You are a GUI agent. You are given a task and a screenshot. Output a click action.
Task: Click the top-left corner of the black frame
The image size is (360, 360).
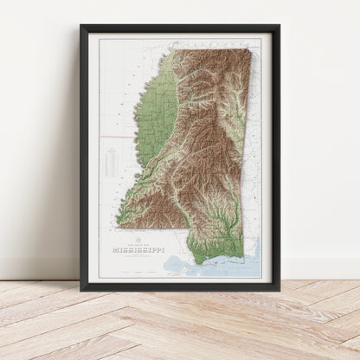click(x=81, y=26)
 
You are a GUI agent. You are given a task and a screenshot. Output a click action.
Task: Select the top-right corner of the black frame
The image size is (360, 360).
click(x=279, y=26)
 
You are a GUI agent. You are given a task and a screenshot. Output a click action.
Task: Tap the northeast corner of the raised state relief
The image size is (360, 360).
click(x=248, y=49)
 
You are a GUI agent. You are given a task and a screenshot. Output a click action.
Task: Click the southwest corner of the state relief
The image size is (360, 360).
click(x=119, y=227)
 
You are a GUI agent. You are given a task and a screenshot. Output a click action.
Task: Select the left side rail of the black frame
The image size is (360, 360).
click(x=83, y=156)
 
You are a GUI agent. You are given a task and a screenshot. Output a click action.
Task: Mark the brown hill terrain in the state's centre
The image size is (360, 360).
click(x=203, y=147)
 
